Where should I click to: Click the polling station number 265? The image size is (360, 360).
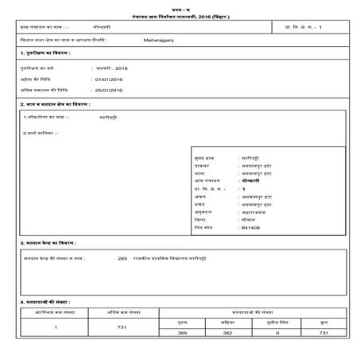pyautogui.click(x=122, y=257)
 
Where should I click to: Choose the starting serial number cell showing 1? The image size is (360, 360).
pyautogui.click(x=55, y=327)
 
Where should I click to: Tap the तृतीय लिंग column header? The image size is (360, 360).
pyautogui.click(x=277, y=323)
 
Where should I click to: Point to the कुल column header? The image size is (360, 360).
pyautogui.click(x=322, y=323)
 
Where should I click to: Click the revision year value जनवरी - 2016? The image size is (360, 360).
pyautogui.click(x=111, y=69)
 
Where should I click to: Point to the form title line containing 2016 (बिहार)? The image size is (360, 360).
pyautogui.click(x=179, y=16)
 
